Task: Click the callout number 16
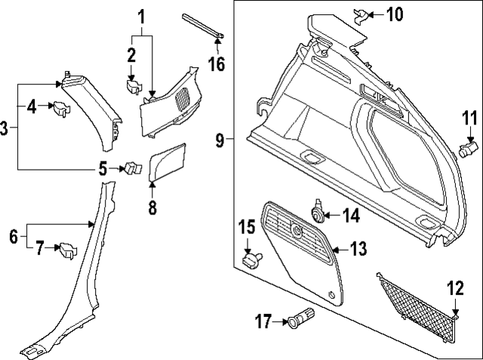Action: (x=217, y=64)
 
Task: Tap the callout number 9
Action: (x=220, y=139)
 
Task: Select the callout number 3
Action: (x=5, y=128)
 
